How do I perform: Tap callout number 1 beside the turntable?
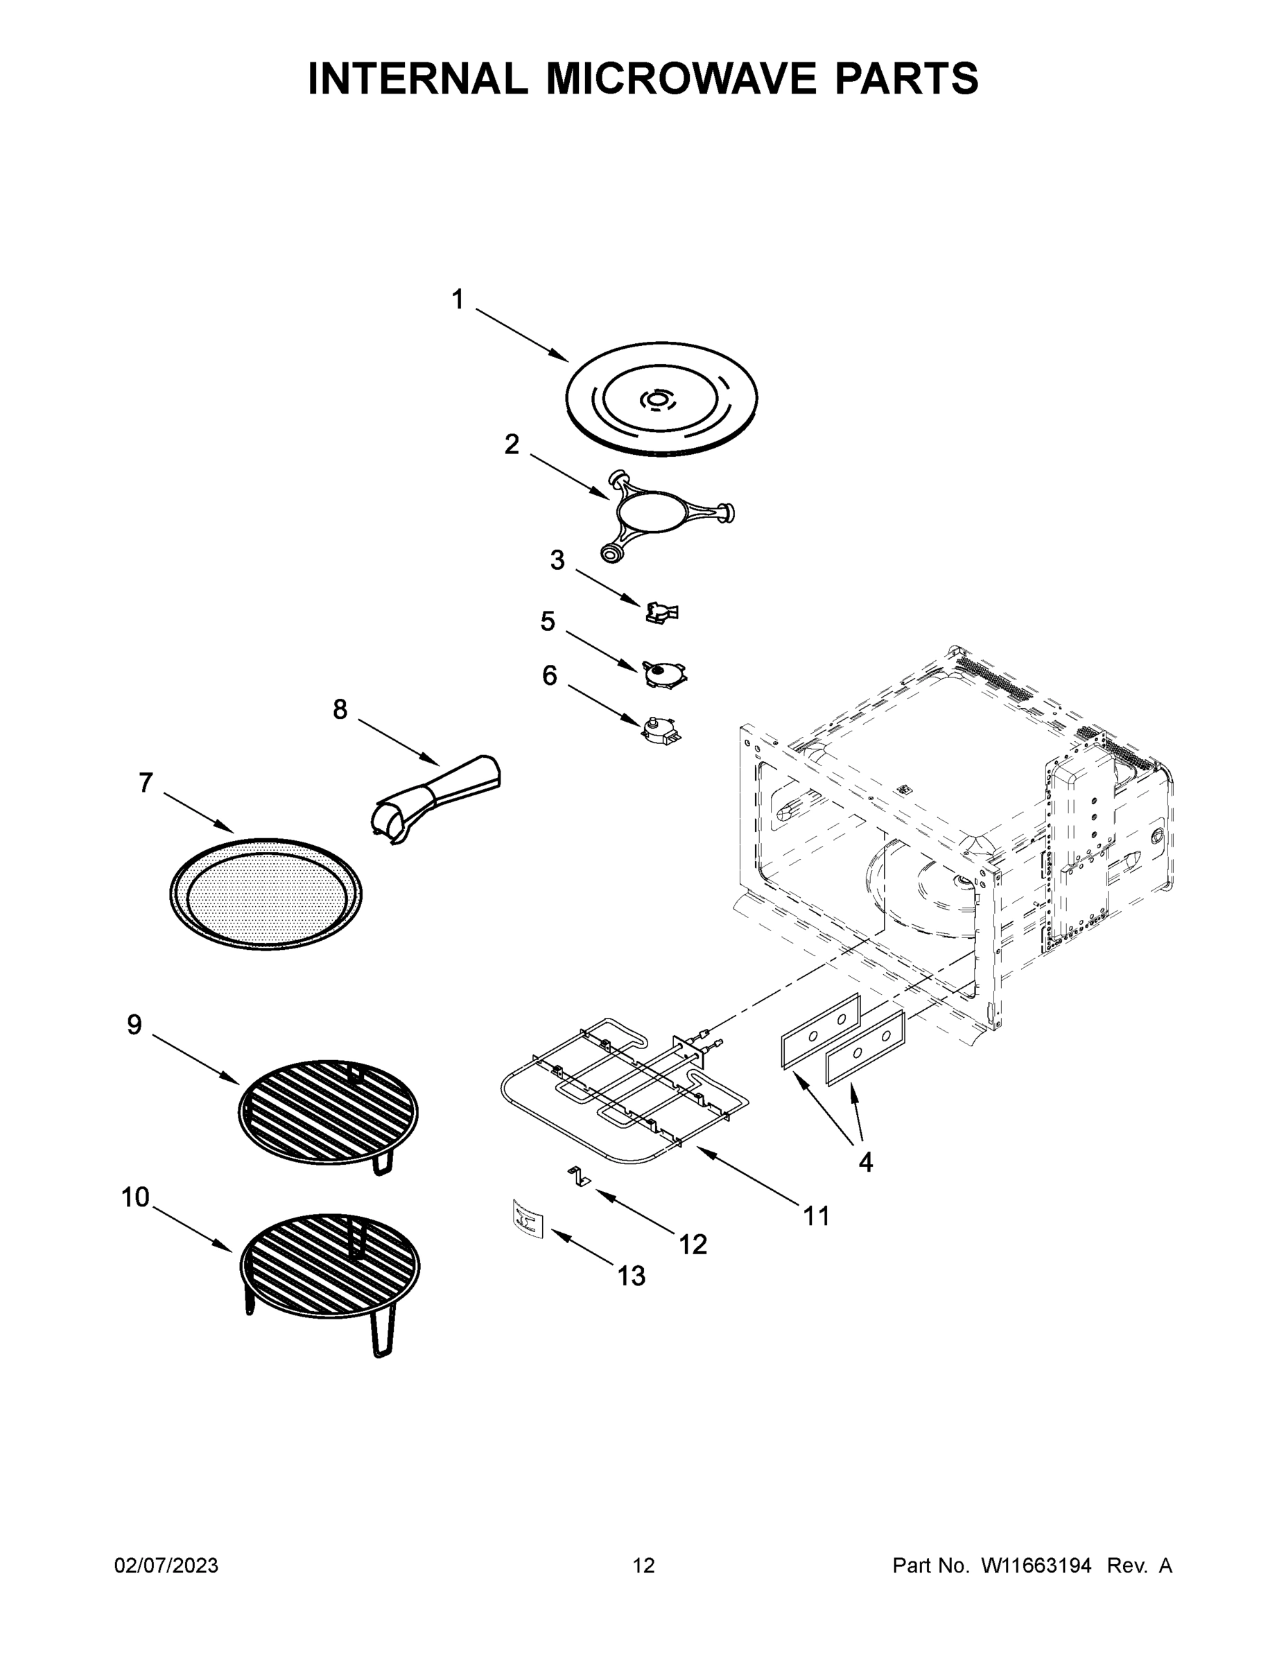coord(457,300)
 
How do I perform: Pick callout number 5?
coord(548,622)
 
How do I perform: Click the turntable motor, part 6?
coord(659,730)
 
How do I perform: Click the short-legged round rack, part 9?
coord(328,1112)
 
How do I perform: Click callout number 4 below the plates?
coord(865,1162)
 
